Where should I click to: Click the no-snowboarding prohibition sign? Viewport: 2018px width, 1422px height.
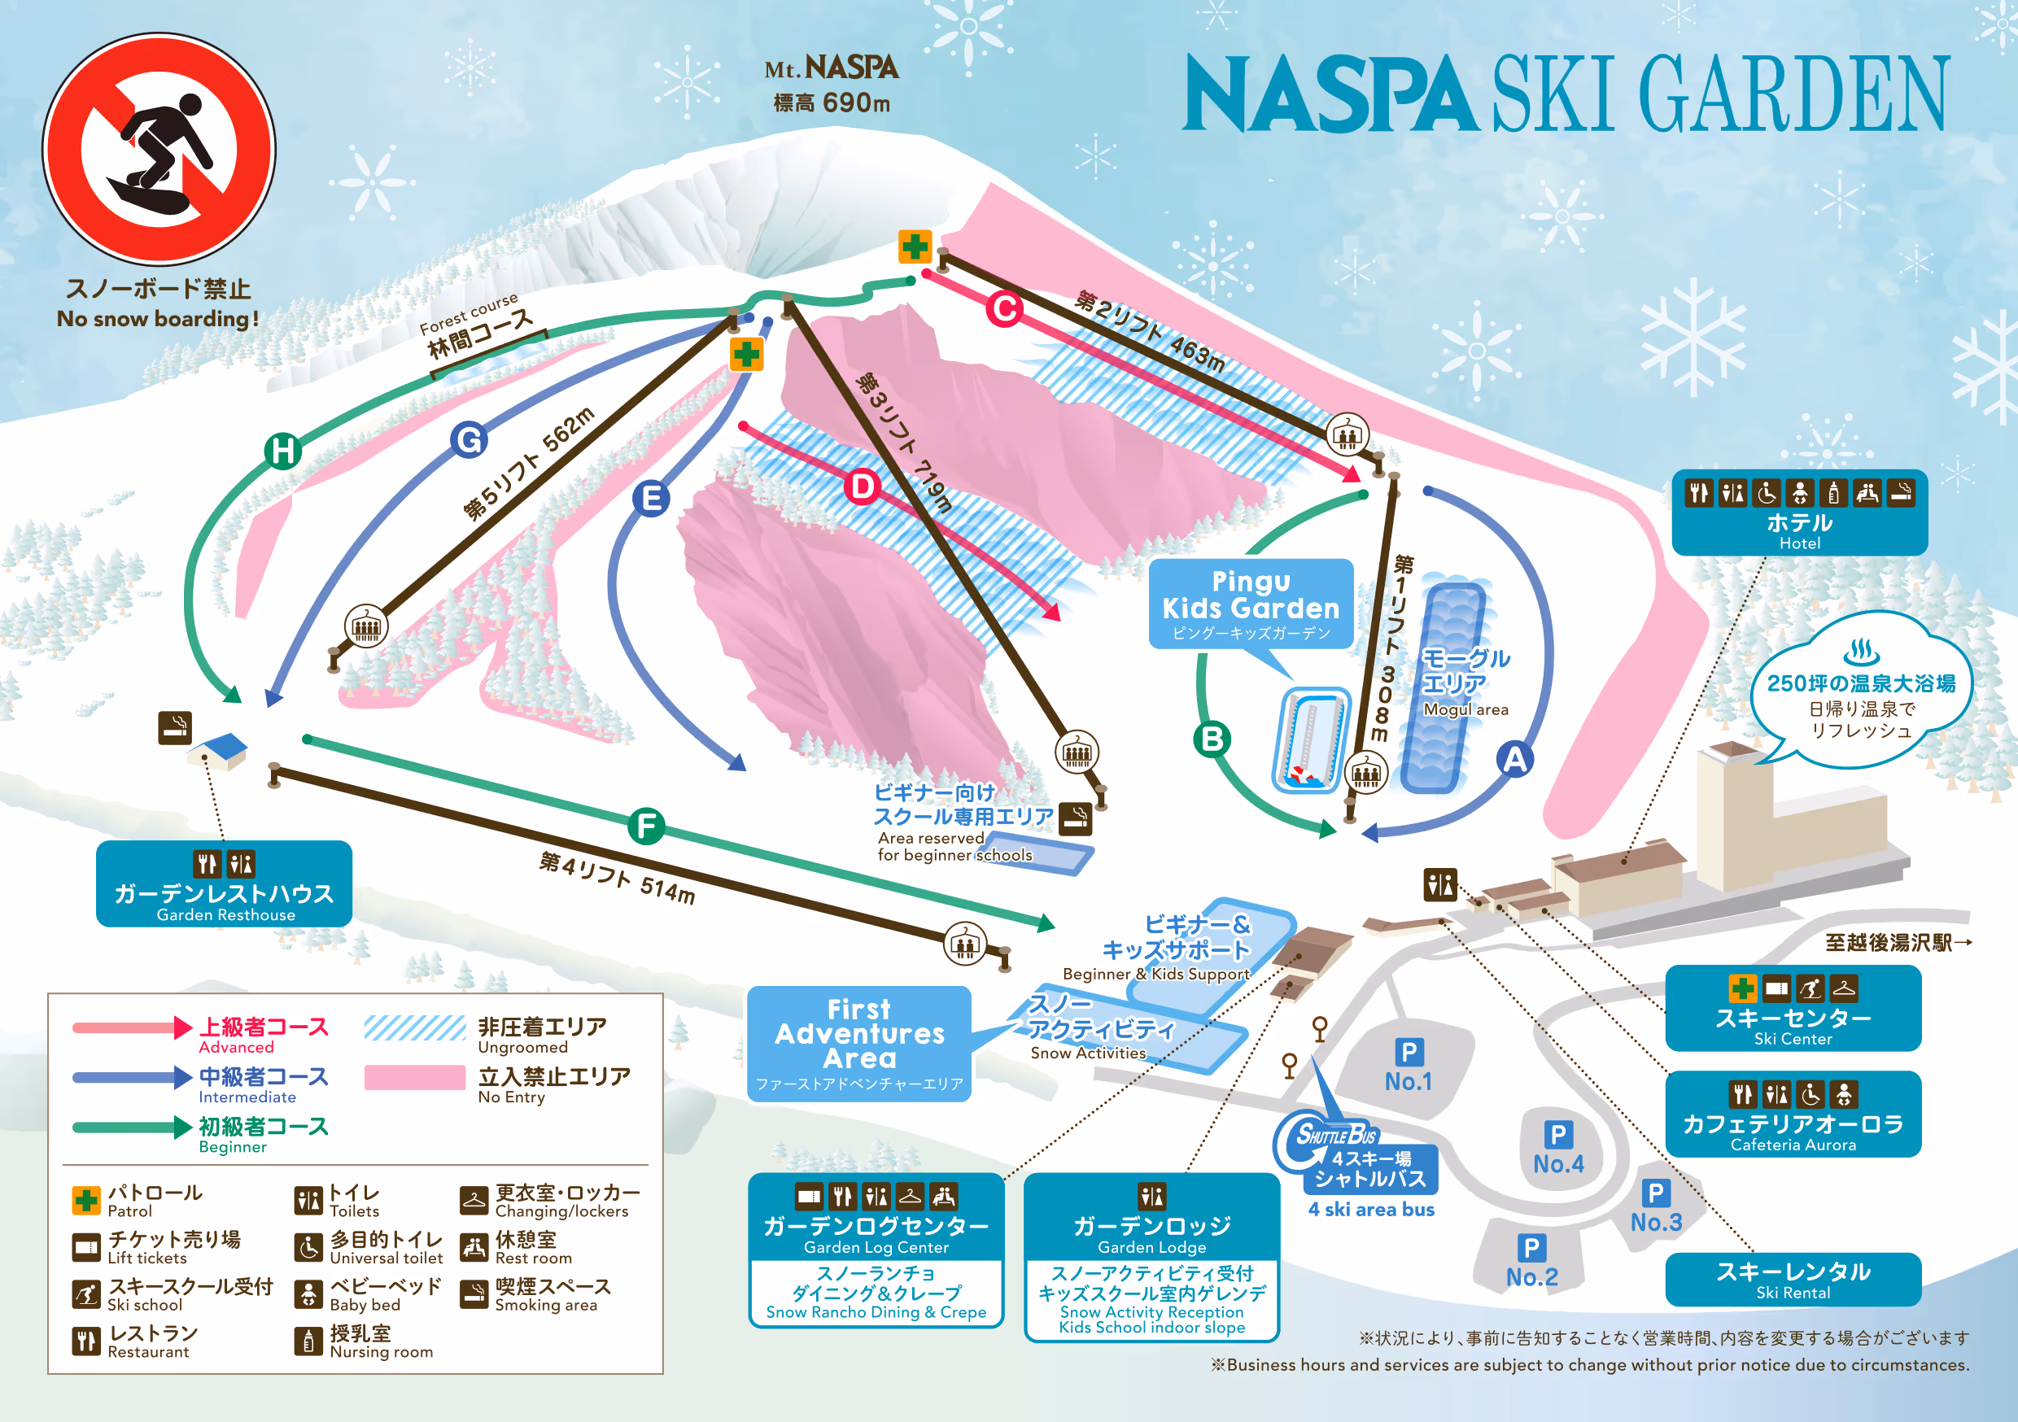click(159, 149)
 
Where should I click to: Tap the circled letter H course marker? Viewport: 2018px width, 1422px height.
click(283, 451)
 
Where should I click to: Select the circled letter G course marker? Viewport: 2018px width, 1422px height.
click(470, 439)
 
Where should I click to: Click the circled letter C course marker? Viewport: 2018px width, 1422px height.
click(1004, 309)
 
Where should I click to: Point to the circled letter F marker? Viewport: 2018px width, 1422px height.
click(646, 827)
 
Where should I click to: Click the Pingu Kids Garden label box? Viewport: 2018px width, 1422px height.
click(1250, 604)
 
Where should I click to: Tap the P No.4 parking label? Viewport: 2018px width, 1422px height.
click(1557, 1149)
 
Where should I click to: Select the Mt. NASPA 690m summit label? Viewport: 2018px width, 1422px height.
click(831, 84)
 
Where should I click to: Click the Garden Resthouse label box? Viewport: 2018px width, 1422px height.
click(224, 883)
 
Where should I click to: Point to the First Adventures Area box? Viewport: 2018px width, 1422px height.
click(858, 1043)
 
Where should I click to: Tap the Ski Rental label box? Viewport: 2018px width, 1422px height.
click(1792, 1279)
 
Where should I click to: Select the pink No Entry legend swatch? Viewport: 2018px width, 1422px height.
click(414, 1078)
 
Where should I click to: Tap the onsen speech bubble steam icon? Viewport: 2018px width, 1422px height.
click(1860, 652)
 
